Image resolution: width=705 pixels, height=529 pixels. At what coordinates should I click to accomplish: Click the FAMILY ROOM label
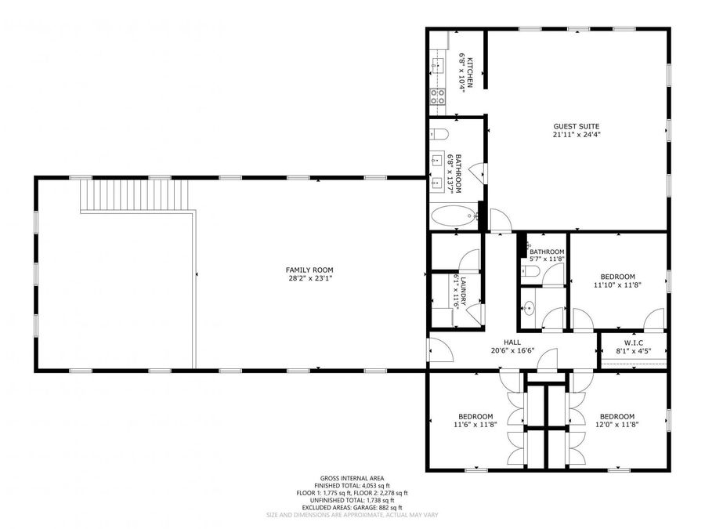[310, 270]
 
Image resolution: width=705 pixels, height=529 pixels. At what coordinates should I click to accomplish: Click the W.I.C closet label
[634, 342]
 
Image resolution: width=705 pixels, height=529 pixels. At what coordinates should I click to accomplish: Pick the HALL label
[512, 342]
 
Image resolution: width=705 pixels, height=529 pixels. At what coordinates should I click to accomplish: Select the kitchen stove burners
[437, 97]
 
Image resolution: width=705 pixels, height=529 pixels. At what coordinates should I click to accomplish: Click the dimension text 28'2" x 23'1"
[310, 278]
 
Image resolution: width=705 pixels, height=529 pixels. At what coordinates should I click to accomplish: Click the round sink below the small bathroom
[529, 309]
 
